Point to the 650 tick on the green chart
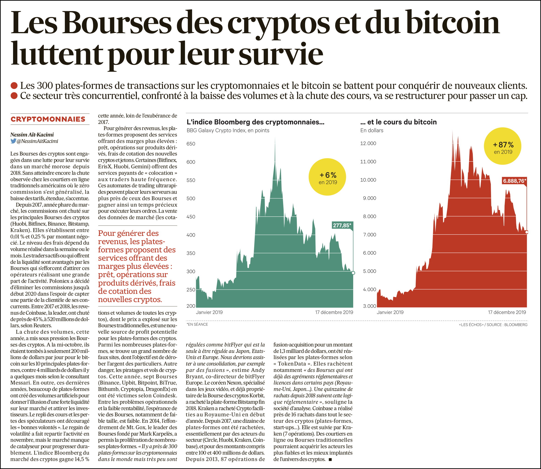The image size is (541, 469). [x=191, y=144]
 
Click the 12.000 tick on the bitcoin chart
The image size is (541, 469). [x=368, y=143]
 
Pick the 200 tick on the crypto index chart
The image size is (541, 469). [x=191, y=306]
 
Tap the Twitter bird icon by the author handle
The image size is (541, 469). [x=13, y=141]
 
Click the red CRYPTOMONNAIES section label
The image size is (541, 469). [x=48, y=119]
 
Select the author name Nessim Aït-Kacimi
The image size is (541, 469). [x=32, y=134]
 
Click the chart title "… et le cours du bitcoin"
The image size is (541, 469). [x=398, y=122]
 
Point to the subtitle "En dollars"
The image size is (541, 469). [x=372, y=130]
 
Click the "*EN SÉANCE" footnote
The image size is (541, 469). [x=197, y=324]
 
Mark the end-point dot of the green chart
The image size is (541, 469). [x=353, y=273]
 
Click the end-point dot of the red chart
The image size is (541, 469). [x=527, y=232]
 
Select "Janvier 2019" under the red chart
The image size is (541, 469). [x=390, y=312]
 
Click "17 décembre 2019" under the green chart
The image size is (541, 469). [x=334, y=312]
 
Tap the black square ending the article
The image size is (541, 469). [x=330, y=459]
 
